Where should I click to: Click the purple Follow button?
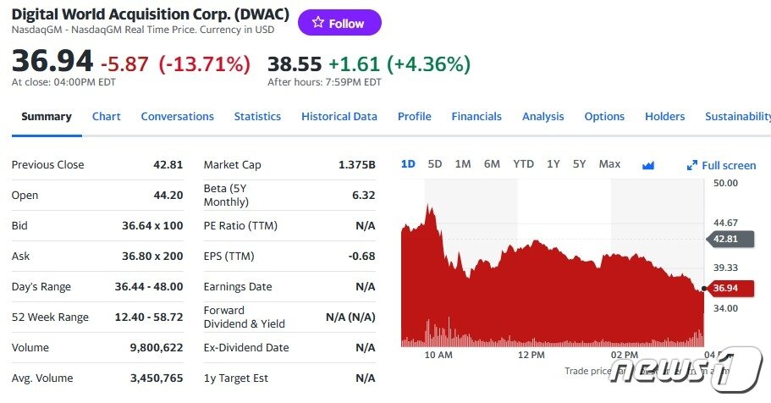coord(339,23)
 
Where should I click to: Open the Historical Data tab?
coord(339,117)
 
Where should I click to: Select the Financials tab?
coord(476,117)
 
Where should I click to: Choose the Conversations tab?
coord(177,117)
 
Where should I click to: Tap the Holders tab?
coord(664,117)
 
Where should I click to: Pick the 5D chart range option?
coord(435,164)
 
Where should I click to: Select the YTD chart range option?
coord(523,164)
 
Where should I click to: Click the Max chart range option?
coord(609,164)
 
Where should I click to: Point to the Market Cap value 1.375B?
coord(355,165)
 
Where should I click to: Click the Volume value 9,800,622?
coord(157,348)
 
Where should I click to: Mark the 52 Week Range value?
coord(149,317)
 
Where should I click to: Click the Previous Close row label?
coord(47,165)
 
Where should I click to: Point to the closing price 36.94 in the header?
coord(52,63)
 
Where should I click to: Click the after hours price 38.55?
coord(294,63)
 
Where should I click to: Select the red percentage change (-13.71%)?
coord(204,63)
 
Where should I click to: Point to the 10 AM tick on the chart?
coord(438,355)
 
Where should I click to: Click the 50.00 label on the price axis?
coord(725,183)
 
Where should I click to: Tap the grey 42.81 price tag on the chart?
coord(724,239)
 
